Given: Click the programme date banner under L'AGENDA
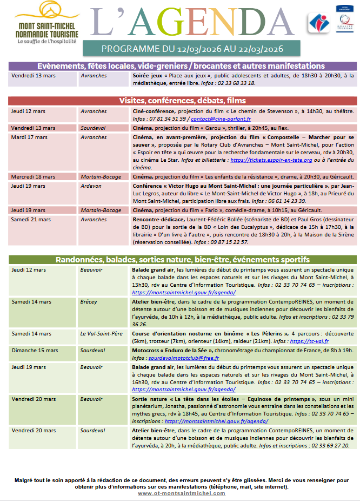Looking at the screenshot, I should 192,49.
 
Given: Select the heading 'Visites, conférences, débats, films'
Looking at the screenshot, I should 182,101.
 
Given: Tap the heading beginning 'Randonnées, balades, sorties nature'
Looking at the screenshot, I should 182,259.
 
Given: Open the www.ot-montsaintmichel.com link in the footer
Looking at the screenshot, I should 181,493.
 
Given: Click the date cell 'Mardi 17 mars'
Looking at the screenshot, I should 29,137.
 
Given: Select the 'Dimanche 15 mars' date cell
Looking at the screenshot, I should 32,351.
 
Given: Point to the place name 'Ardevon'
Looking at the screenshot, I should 91,186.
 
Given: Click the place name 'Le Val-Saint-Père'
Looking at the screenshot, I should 102,334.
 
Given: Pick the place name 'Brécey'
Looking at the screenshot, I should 89,302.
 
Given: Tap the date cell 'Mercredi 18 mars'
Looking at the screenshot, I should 33,176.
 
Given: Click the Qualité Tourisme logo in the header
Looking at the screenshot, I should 339,23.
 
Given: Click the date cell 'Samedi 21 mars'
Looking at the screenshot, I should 31,220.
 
